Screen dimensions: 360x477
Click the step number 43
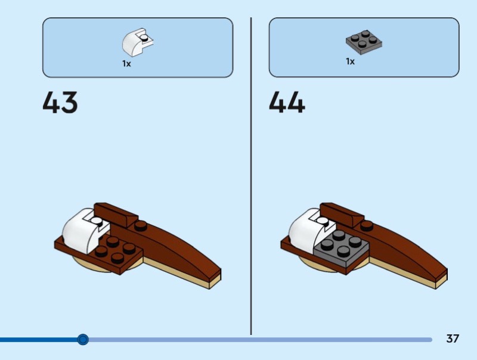coord(60,103)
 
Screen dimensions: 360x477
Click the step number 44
coord(287,103)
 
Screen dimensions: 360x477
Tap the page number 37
coord(453,339)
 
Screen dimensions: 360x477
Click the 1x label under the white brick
coord(126,63)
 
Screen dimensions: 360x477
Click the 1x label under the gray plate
coord(350,61)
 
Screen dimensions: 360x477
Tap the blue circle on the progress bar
coord(83,340)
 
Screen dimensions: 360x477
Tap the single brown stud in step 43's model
coord(141,225)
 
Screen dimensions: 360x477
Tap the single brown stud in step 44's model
coord(367,225)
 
